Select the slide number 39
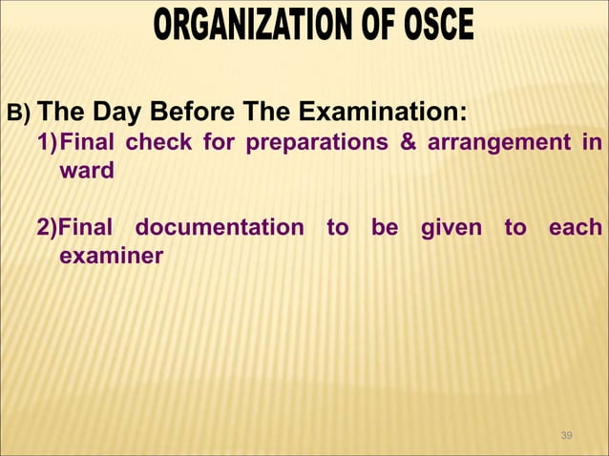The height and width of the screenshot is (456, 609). pyautogui.click(x=567, y=436)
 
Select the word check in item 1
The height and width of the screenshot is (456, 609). pyautogui.click(x=152, y=144)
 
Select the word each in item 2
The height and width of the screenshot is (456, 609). pyautogui.click(x=576, y=228)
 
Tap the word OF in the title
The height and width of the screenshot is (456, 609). pyautogui.click(x=374, y=26)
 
